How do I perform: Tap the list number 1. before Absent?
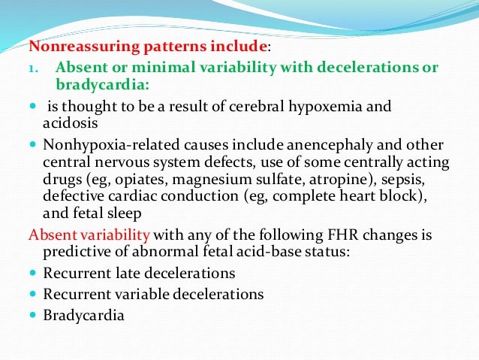[34, 68]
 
